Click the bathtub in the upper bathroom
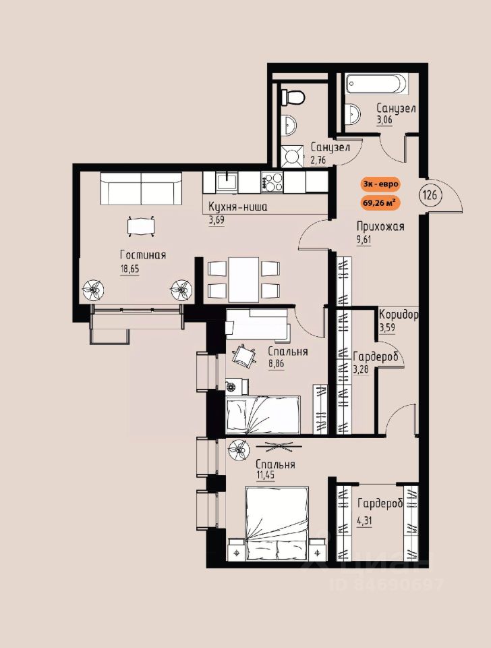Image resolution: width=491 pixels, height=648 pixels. click(376, 85)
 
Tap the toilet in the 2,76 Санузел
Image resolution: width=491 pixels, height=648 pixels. click(293, 97)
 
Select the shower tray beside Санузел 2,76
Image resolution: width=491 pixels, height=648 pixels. click(293, 157)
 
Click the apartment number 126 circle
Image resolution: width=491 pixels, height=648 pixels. click(430, 194)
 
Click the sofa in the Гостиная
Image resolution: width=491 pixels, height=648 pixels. click(141, 188)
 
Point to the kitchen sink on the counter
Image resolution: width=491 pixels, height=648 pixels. click(227, 182)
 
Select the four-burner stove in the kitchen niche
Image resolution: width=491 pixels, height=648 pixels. click(272, 182)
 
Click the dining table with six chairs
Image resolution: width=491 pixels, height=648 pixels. click(243, 279)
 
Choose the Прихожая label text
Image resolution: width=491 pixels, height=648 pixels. click(380, 227)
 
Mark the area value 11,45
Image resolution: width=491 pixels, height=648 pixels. click(266, 475)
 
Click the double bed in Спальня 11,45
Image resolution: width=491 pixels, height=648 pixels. click(277, 522)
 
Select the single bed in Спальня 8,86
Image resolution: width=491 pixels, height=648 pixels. click(262, 414)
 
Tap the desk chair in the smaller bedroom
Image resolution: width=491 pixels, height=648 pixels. click(243, 355)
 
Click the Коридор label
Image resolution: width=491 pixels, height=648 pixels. click(399, 315)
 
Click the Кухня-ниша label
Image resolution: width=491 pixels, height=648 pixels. click(238, 207)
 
